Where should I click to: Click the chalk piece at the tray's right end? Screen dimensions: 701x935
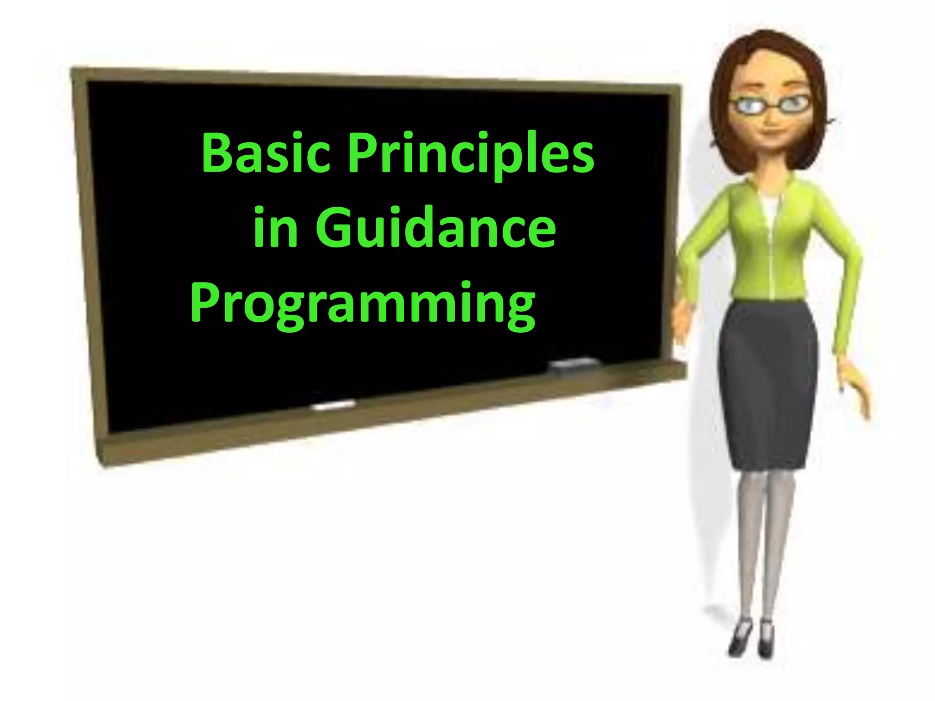point(573,363)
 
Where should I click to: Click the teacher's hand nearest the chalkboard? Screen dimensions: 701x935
point(682,319)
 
